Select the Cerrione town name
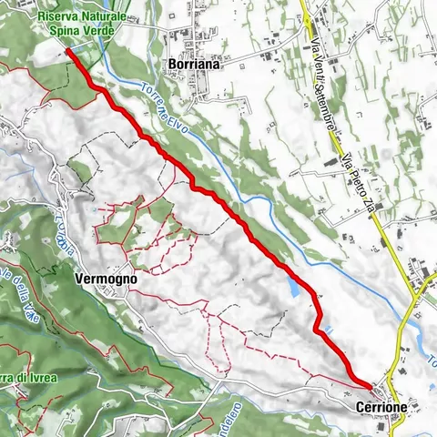point(381,407)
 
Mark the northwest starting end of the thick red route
point(68,52)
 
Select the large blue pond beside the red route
point(292,287)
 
